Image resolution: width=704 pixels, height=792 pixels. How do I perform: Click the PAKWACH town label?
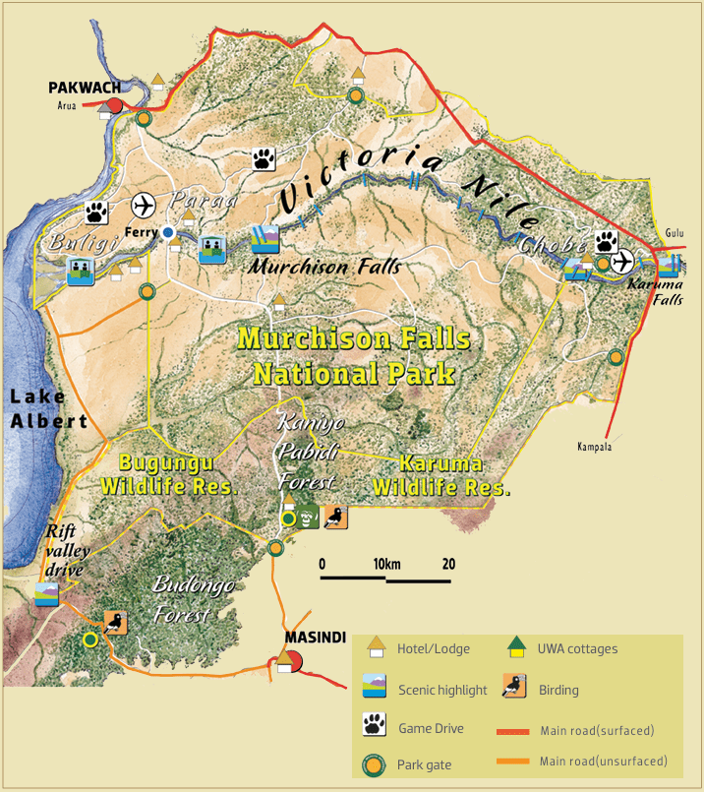(85, 88)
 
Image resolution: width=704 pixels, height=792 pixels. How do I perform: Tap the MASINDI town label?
(315, 637)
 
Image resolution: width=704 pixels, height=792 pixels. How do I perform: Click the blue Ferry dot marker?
(168, 232)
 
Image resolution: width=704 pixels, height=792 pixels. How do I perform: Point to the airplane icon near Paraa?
(144, 207)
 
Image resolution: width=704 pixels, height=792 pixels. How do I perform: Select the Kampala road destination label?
(596, 447)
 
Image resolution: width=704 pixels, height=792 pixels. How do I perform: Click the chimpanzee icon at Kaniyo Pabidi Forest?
(309, 518)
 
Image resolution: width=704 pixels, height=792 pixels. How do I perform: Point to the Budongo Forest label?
(193, 599)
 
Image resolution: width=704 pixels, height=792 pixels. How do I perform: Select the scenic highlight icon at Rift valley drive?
(46, 595)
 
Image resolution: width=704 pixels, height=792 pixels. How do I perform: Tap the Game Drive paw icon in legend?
(375, 728)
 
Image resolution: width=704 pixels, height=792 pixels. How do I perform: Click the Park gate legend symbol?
(375, 763)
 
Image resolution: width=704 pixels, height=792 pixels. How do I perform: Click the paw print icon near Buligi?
(96, 211)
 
